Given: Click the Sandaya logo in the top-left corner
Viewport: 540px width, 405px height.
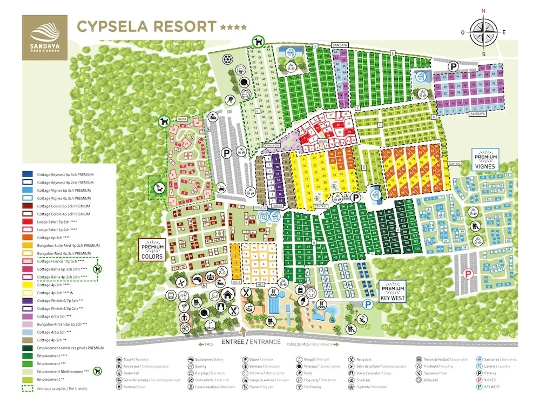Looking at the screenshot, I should (x=44, y=37).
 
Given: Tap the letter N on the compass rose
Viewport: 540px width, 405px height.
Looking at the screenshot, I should (x=483, y=10).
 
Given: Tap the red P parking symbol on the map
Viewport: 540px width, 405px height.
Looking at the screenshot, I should (x=468, y=273).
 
